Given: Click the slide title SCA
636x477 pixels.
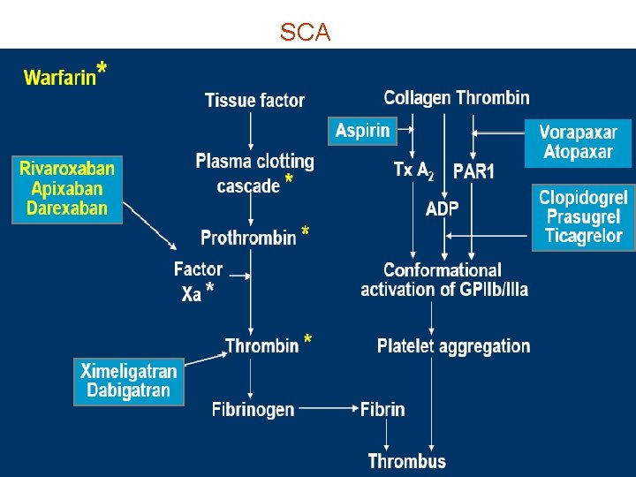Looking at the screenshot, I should [305, 33].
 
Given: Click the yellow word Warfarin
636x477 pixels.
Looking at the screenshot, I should [59, 78].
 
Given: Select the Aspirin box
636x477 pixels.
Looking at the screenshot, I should [362, 131].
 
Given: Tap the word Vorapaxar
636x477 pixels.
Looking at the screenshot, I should [579, 132].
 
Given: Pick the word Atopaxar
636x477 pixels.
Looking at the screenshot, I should [579, 151].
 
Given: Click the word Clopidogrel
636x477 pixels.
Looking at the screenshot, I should [583, 198].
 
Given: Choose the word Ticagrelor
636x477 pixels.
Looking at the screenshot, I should [583, 237].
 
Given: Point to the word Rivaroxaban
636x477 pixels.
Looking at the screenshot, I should [67, 169].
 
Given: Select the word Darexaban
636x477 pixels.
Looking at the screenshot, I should [67, 208].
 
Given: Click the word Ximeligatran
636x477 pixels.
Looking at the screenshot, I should [129, 371].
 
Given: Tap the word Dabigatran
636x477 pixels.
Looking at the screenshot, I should [129, 390].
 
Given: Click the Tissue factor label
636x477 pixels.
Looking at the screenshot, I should [254, 100].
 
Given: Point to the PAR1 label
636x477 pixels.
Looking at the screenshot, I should [473, 171].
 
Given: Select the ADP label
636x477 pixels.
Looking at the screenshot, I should [443, 208].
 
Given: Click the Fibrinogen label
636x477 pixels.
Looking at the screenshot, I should [253, 409].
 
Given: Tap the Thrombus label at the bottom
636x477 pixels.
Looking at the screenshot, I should [407, 460].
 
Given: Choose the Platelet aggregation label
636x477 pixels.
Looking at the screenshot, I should [453, 345].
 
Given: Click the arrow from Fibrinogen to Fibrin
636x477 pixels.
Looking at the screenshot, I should [327, 409].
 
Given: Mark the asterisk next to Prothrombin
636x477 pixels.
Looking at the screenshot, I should [306, 232].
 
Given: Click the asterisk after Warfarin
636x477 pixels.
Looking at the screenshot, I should [102, 69].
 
